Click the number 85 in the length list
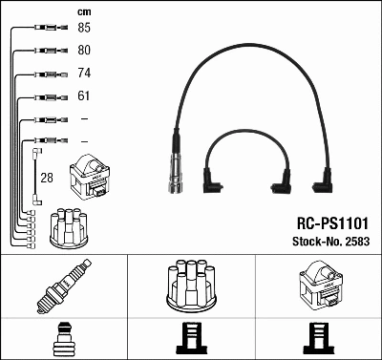(x=84, y=28)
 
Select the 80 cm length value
(x=84, y=50)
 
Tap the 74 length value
(x=84, y=73)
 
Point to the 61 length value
(x=84, y=96)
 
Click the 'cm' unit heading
(x=83, y=11)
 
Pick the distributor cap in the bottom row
(x=191, y=287)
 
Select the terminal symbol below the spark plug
(x=64, y=340)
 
